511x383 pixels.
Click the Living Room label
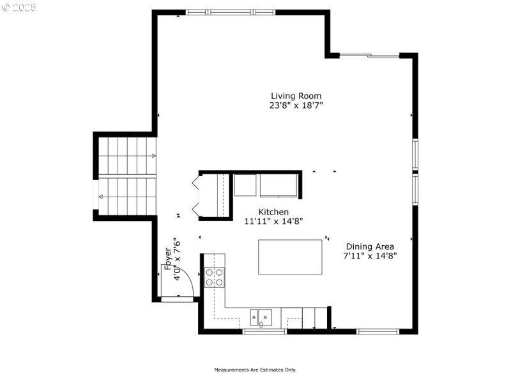point(296,96)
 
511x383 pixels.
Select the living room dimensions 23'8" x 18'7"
point(296,106)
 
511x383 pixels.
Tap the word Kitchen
point(273,212)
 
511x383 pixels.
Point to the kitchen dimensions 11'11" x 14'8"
point(273,222)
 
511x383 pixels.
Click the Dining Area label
point(370,246)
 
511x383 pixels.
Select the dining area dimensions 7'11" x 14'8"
point(370,256)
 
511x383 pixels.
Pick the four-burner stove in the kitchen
point(215,277)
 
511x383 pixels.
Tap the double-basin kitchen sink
point(261,316)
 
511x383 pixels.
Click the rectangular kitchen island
point(290,257)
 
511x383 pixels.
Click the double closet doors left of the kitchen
point(197,196)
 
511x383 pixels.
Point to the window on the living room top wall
point(230,12)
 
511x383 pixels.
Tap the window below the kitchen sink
point(264,331)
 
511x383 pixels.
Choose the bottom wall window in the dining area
point(378,331)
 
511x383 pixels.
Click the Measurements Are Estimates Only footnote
point(256,370)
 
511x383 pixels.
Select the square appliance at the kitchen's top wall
point(245,185)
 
